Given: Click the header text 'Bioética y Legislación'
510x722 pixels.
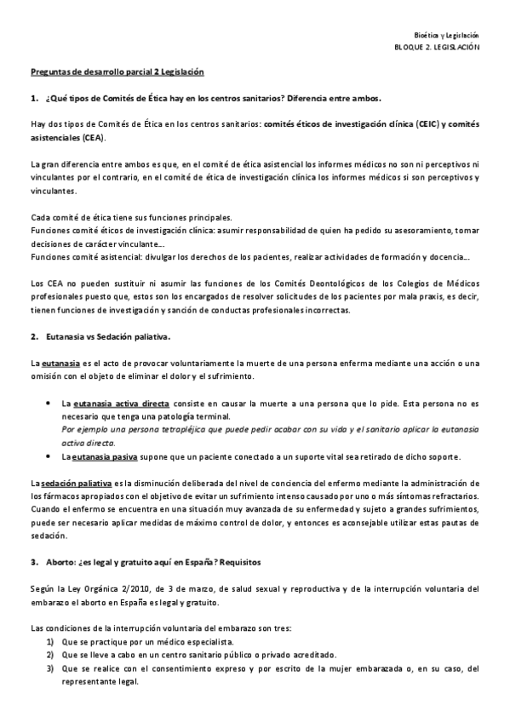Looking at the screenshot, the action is (x=452, y=35).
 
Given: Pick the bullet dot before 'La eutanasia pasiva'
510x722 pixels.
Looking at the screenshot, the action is (x=52, y=456).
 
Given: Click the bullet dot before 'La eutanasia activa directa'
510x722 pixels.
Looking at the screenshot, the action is (x=52, y=402).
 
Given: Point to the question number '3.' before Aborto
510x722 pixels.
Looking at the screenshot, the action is (x=34, y=562).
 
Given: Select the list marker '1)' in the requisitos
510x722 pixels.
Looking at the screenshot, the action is (x=50, y=641).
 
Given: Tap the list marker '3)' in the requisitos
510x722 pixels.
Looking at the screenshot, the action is (x=50, y=668).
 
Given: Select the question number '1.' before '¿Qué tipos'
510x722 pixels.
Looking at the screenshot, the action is (x=34, y=98).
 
